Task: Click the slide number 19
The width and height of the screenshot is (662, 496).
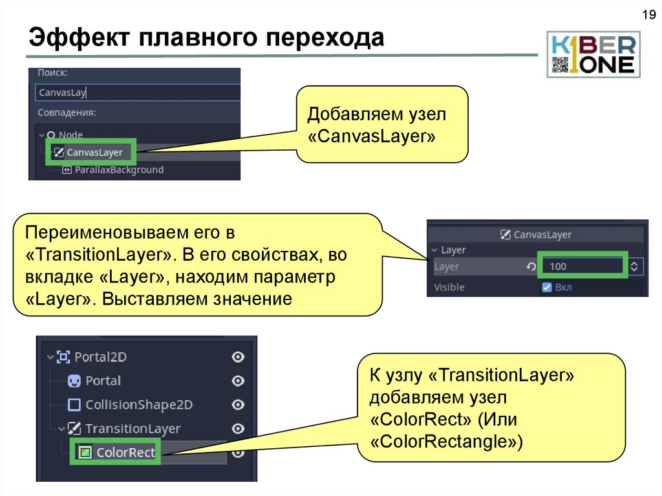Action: coord(647,15)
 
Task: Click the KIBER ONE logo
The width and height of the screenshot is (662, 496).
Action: coord(593,54)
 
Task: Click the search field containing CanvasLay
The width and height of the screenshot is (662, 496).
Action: coord(136,92)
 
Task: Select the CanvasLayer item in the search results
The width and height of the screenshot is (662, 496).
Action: coord(94,153)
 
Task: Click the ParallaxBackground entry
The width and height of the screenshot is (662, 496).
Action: coord(119,170)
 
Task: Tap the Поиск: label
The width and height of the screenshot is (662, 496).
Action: coord(52,74)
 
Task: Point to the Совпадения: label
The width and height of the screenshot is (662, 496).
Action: coord(67,113)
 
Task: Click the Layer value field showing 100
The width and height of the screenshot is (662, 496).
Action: coord(582,266)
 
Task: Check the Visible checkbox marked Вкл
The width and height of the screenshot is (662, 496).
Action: coord(547,287)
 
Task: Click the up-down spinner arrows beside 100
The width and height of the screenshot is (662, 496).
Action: coord(635,266)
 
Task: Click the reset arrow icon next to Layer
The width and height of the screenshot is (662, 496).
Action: coord(531,266)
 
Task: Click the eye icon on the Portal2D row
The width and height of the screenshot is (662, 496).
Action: coord(238,357)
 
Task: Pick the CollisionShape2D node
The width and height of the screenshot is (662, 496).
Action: coord(139,405)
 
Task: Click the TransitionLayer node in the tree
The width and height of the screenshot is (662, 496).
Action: coord(133,429)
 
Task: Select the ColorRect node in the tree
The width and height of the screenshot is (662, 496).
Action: coord(125,453)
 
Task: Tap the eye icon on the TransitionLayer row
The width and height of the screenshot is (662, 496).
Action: coord(238,429)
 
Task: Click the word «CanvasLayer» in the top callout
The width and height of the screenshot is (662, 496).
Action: coord(371,137)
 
